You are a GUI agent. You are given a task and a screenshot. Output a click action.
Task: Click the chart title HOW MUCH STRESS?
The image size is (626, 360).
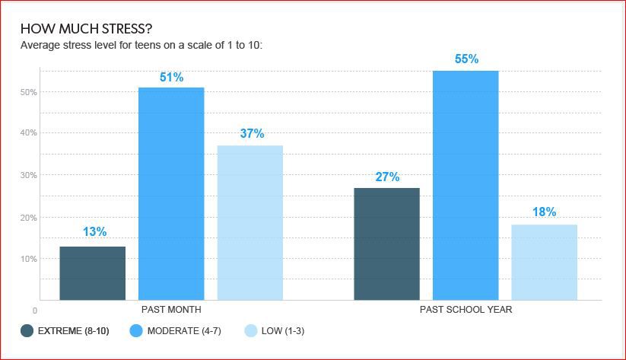click(x=86, y=29)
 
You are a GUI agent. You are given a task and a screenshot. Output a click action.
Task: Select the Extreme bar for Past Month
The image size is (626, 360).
click(x=93, y=273)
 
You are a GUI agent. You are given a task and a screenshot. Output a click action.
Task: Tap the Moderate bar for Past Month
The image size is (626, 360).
click(x=171, y=194)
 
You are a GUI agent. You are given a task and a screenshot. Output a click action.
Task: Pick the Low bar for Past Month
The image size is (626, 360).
click(x=250, y=223)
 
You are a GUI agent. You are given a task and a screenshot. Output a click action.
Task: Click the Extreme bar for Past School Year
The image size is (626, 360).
click(x=387, y=244)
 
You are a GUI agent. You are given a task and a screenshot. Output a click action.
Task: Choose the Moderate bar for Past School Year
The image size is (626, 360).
click(x=466, y=186)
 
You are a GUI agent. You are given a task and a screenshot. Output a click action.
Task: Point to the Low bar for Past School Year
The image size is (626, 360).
click(x=544, y=263)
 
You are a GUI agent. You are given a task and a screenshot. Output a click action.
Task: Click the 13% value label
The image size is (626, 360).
click(x=94, y=231)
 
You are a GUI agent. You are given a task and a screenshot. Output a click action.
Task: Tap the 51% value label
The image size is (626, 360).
click(x=172, y=77)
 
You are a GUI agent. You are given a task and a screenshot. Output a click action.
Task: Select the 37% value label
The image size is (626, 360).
click(x=252, y=133)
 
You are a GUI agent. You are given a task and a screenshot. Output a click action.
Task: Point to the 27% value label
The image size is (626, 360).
click(x=387, y=177)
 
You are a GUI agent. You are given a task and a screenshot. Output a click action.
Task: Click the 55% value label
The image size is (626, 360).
click(x=467, y=59)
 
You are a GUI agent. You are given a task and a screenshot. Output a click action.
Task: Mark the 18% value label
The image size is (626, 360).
click(x=544, y=212)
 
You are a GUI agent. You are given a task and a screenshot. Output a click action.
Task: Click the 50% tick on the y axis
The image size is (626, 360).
click(x=28, y=92)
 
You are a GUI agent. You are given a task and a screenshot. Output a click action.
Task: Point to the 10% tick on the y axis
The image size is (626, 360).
click(x=28, y=259)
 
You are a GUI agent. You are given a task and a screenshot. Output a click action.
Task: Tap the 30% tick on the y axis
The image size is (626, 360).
click(x=28, y=175)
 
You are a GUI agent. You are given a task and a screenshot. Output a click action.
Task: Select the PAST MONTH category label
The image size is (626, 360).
click(x=171, y=310)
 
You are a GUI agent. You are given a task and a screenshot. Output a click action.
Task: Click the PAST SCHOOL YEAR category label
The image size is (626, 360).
click(x=466, y=310)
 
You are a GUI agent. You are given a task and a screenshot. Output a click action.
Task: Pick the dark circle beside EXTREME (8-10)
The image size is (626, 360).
click(x=27, y=331)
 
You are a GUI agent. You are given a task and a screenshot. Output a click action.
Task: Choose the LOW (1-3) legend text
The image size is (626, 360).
click(x=283, y=331)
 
